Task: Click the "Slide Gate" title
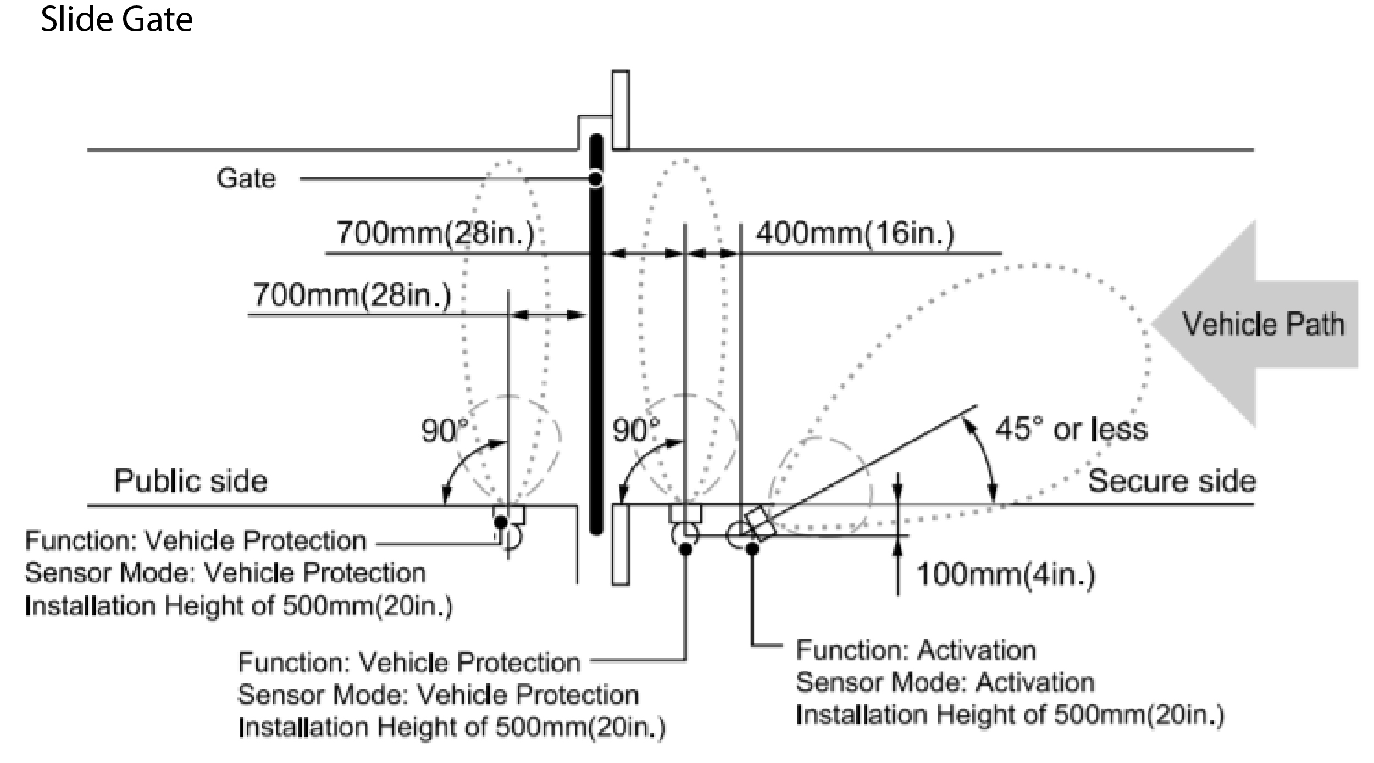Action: pos(117,20)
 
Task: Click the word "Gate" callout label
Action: pos(246,179)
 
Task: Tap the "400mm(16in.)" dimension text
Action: pos(855,233)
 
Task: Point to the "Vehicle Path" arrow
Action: pos(1259,324)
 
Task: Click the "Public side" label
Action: pos(191,481)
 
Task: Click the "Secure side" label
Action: pos(1172,481)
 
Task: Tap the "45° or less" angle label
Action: pos(1071,429)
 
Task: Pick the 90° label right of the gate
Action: pos(636,430)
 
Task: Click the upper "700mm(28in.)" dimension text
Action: pos(435,233)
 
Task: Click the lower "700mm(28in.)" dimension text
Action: pos(352,296)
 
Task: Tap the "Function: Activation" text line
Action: pos(916,650)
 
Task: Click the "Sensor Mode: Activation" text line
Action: pos(945,682)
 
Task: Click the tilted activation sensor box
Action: pos(760,522)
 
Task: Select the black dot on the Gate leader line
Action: pos(595,179)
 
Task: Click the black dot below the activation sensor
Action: pos(752,548)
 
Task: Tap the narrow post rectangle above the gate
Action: pos(620,109)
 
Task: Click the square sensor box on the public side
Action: pos(508,515)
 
